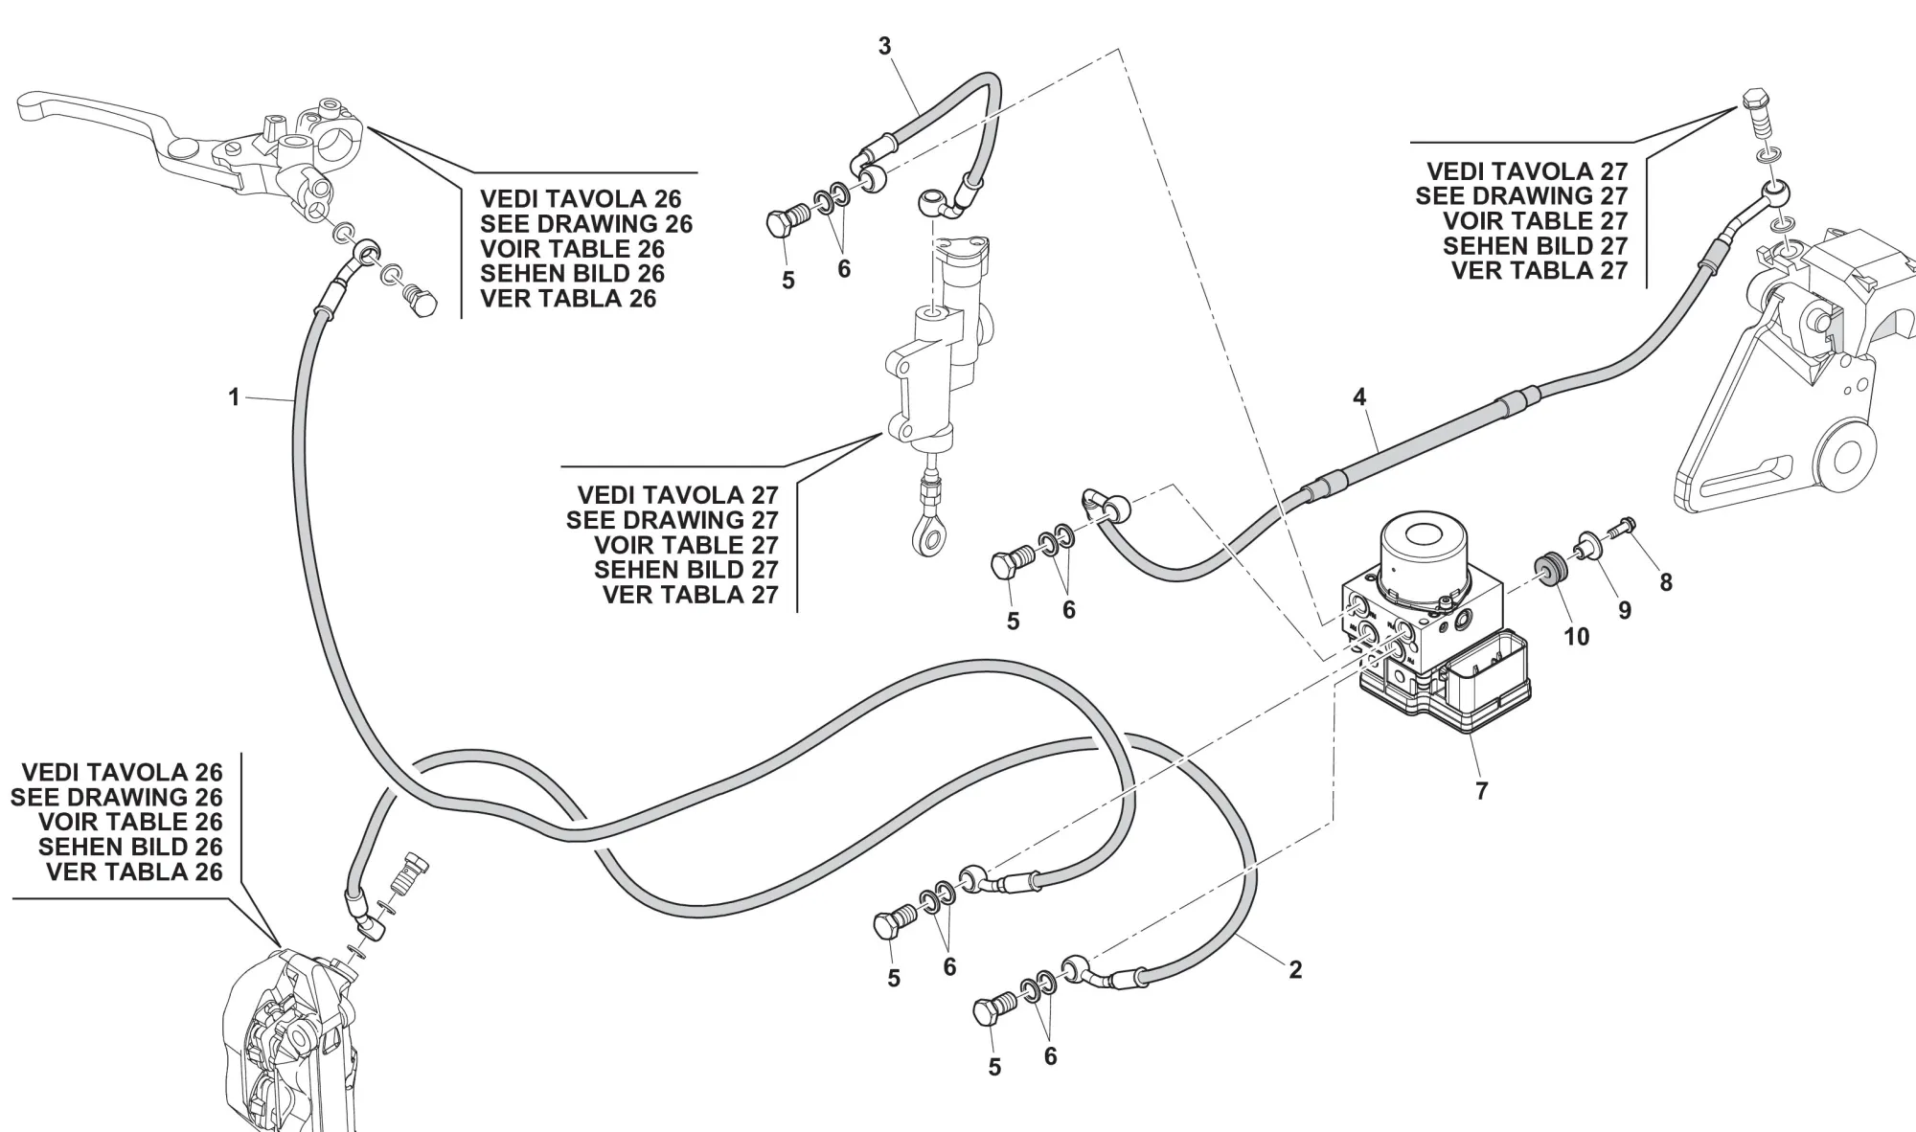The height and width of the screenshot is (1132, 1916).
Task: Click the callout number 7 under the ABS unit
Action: tap(1481, 791)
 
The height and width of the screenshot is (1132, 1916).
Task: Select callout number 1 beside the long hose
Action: tap(234, 396)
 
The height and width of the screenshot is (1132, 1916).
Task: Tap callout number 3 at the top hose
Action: tap(884, 46)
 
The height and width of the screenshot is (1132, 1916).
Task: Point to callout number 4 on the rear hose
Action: tap(1359, 396)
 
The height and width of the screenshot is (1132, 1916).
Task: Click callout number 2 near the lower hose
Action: tap(1295, 969)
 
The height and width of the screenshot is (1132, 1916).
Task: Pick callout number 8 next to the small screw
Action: tap(1666, 582)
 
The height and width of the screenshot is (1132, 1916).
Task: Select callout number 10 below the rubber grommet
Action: tap(1576, 636)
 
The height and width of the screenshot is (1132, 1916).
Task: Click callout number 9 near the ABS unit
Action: tap(1624, 610)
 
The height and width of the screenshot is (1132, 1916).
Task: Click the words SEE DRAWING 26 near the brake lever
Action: tap(585, 224)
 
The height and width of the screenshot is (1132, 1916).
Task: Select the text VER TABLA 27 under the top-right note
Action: tap(1539, 271)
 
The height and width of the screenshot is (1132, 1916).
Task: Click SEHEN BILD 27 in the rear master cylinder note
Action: tap(685, 570)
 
